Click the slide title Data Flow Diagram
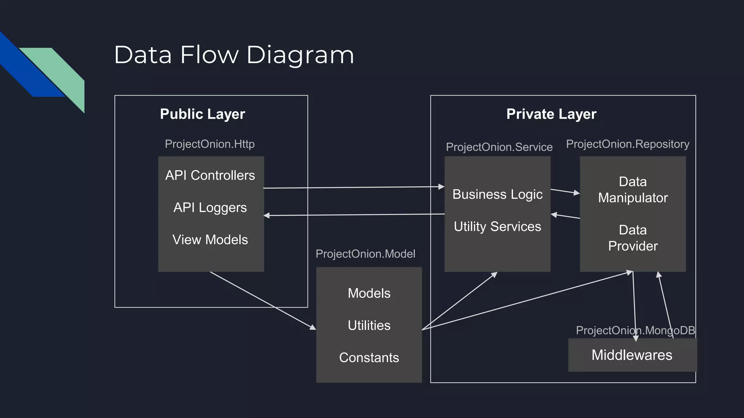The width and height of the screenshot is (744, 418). pos(234,55)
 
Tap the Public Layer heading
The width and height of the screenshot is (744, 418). pos(202,114)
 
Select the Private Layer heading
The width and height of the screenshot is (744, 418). pos(551,114)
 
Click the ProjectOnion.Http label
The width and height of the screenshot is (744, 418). pos(210,144)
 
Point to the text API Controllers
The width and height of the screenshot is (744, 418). pos(210,175)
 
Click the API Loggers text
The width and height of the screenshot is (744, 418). pos(210,208)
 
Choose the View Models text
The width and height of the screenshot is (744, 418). pos(210,239)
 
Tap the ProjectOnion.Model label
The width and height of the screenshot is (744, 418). pos(365,254)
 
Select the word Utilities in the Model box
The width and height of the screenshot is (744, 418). pos(369,325)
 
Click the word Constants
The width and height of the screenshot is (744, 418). pos(369,357)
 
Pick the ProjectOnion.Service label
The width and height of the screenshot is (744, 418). pos(499,147)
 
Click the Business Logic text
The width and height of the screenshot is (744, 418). pos(497,194)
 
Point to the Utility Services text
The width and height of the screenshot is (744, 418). pos(497,226)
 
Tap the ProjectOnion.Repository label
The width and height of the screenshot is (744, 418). pos(627,144)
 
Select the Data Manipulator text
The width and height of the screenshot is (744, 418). pos(632,189)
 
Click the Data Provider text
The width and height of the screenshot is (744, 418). pos(632,238)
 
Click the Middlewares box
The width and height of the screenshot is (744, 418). pos(632,355)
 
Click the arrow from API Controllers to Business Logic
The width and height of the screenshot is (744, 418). pos(352,187)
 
